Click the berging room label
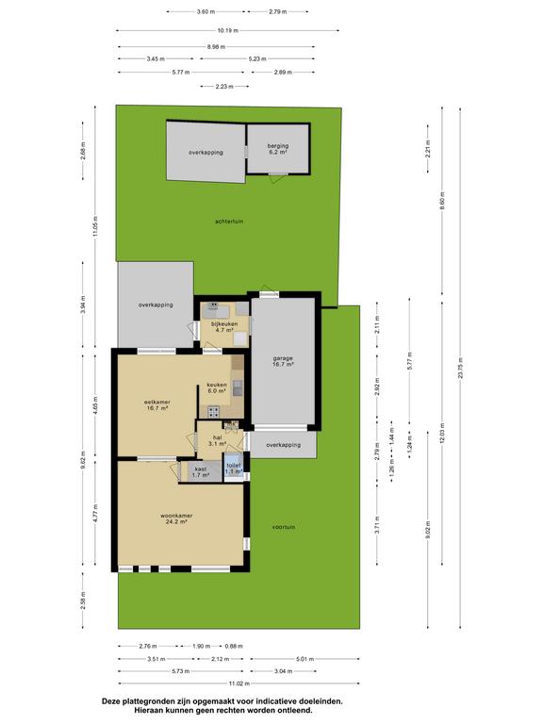tap(278, 149)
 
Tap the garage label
tap(283, 361)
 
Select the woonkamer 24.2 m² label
tap(176, 518)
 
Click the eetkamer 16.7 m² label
tap(157, 405)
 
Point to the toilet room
tap(234, 468)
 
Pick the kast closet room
tap(201, 471)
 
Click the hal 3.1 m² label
tap(217, 440)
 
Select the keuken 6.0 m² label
tap(217, 387)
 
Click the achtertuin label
tap(229, 222)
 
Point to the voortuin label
tap(284, 527)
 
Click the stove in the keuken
tap(214, 412)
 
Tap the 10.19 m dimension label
tap(228, 31)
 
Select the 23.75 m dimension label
tap(460, 369)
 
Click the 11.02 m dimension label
tap(239, 683)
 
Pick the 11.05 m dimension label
tap(95, 226)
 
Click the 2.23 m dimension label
tap(224, 87)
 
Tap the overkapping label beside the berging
tap(206, 153)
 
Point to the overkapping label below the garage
tap(284, 445)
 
